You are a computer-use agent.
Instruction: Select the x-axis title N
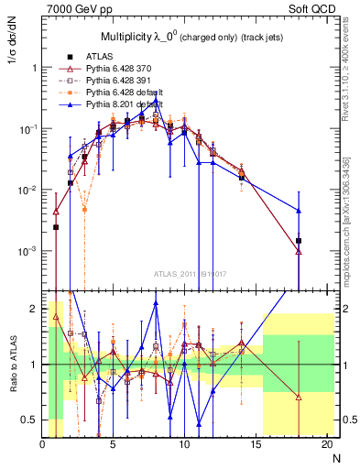[x=337, y=457]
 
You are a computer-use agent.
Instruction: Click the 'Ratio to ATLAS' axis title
[x=14, y=365]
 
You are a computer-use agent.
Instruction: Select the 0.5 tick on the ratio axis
[x=32, y=419]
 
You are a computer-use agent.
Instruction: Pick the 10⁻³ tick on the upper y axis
[x=27, y=251]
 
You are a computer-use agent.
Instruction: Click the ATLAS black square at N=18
[x=299, y=240]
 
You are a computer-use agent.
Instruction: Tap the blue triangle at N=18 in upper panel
[x=299, y=211]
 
